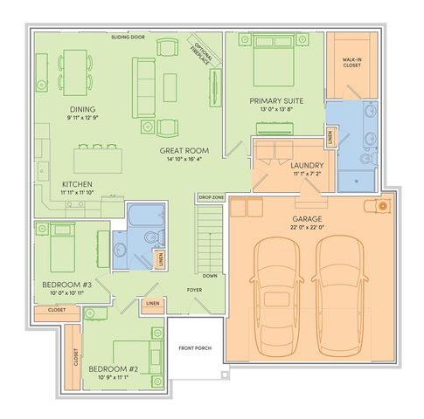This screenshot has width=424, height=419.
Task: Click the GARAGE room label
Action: (x=307, y=218)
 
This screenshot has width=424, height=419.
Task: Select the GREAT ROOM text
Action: (x=181, y=150)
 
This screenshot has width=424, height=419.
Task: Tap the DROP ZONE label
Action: (x=212, y=198)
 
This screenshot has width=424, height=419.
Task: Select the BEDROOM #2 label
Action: (x=113, y=369)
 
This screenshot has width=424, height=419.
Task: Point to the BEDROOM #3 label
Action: (x=67, y=285)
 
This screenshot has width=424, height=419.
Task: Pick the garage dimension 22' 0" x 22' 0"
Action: (x=307, y=228)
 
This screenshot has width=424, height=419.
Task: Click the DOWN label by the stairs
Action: (x=210, y=275)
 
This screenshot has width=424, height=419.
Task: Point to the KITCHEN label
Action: (x=52, y=184)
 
